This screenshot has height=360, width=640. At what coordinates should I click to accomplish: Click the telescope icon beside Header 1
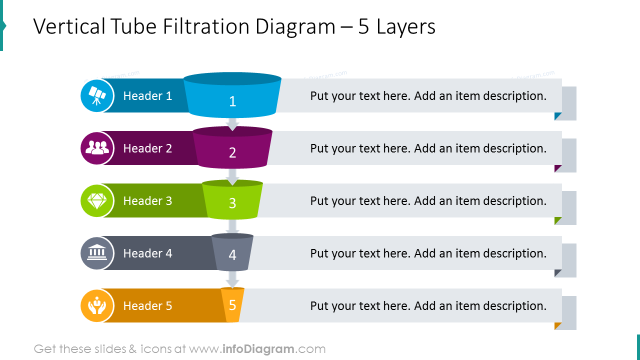[x=97, y=95]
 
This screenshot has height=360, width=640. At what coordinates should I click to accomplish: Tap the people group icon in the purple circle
[x=97, y=147]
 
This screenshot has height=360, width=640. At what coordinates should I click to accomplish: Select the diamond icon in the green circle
[x=97, y=201]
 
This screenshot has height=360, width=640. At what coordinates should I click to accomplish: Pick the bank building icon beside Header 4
[x=97, y=252]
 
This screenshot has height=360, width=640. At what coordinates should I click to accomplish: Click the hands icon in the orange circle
[x=97, y=305]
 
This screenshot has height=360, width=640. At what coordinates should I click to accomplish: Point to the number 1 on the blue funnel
[x=232, y=101]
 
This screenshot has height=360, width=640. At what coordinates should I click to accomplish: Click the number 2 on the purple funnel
[x=232, y=152]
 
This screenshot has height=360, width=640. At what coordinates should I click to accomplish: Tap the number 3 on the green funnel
[x=232, y=203]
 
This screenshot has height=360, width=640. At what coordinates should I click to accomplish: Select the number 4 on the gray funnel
[x=232, y=254]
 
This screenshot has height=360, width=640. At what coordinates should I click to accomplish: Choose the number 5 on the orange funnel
[x=232, y=305]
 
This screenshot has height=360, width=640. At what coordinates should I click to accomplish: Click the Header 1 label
[x=147, y=95]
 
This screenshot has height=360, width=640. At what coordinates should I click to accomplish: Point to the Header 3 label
[x=147, y=201]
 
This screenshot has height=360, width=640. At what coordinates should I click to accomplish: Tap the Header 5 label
[x=147, y=305]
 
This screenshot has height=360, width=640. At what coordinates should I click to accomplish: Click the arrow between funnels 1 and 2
[x=232, y=123]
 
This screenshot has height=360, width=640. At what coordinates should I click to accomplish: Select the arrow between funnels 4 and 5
[x=232, y=279]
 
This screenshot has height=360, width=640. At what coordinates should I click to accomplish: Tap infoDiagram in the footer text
[x=258, y=349]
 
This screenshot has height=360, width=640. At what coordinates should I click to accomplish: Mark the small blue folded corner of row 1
[x=557, y=115]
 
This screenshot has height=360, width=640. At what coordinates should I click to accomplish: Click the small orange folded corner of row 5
[x=557, y=325]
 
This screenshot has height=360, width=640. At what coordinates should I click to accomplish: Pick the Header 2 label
[x=147, y=148]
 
